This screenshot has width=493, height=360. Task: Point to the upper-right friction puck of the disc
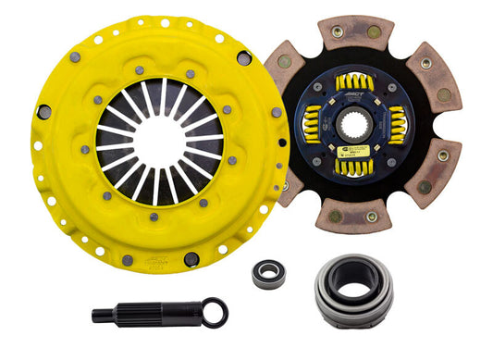coord(433,73)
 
